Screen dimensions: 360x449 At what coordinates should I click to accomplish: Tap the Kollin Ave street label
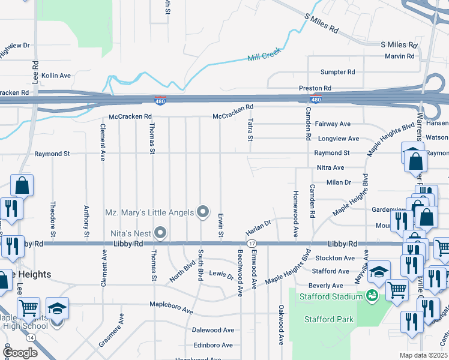point(56,76)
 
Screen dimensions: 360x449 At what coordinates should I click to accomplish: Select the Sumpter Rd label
point(338,72)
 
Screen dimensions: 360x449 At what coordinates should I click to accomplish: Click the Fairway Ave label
point(333,124)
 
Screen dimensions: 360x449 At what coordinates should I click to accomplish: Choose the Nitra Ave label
point(330,167)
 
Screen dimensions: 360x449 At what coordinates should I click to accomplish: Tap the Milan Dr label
point(339,182)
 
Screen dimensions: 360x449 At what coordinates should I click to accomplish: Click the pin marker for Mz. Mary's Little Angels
point(203,212)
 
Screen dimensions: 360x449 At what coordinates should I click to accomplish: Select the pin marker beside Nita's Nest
point(160,232)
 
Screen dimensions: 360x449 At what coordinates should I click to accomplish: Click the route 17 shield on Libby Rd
point(252,244)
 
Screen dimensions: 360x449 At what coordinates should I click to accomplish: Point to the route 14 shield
point(30,338)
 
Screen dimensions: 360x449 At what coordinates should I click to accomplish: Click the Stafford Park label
point(329,319)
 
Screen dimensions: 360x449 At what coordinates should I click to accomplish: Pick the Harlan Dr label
point(258,227)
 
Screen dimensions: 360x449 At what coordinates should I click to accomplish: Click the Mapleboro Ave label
point(171,308)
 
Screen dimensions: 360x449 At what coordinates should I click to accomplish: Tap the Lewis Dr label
point(221,275)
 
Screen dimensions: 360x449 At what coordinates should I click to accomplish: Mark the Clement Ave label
point(103,142)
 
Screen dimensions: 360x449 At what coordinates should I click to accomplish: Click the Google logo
point(21,353)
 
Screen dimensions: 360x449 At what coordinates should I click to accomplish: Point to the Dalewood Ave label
point(213,330)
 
